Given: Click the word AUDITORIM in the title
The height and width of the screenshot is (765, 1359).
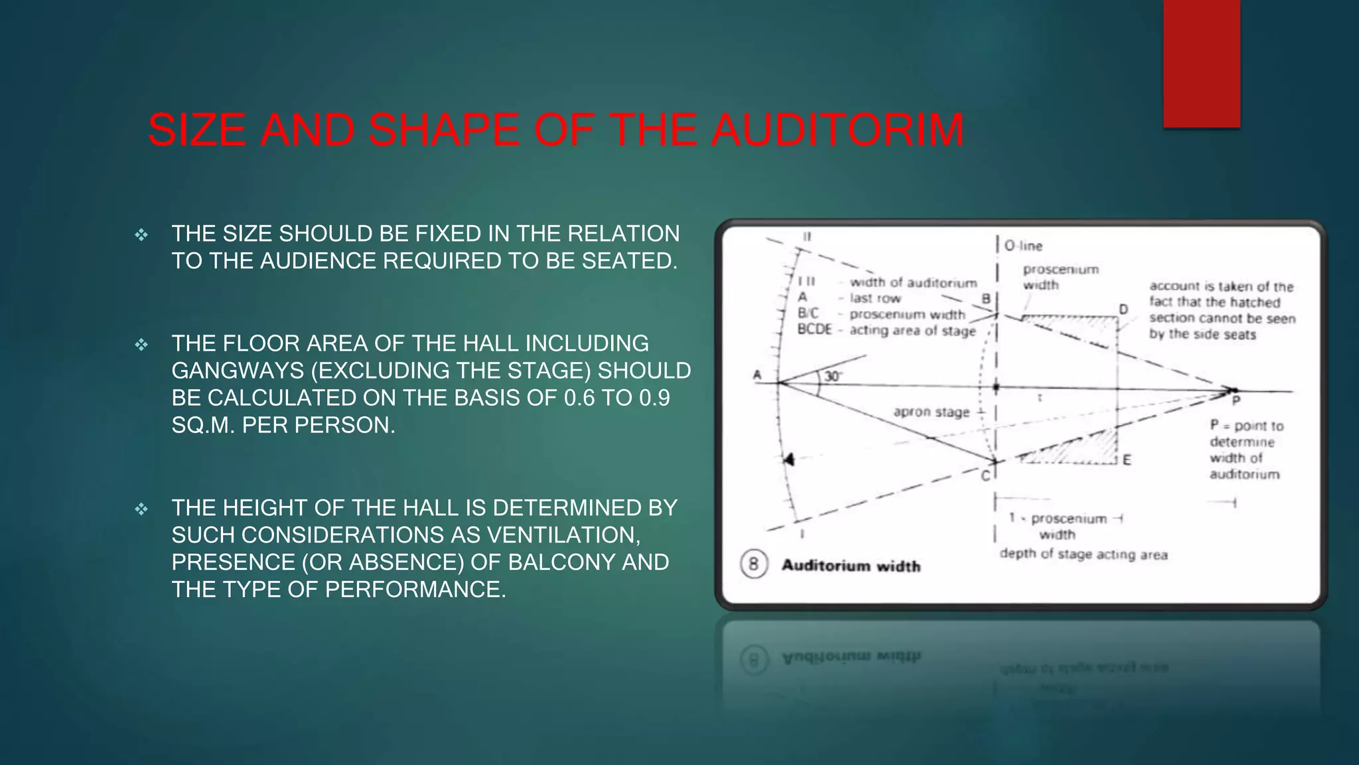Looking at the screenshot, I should (x=837, y=130).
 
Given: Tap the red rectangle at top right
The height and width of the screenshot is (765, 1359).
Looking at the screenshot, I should (x=1201, y=63).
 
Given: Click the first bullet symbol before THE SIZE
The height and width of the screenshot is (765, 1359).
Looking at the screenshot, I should (x=141, y=234).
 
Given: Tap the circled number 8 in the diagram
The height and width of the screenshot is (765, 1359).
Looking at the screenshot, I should (x=753, y=565).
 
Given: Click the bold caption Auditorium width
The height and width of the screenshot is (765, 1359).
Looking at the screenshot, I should (x=851, y=566).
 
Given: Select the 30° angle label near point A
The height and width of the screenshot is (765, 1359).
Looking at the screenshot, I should (x=833, y=377).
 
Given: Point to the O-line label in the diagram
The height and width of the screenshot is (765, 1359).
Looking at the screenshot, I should (x=1023, y=246).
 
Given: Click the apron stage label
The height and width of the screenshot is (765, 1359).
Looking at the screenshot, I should (x=931, y=412).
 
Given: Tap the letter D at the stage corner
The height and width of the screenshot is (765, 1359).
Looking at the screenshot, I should (x=1123, y=309).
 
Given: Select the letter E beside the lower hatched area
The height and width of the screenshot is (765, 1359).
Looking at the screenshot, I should (x=1126, y=460).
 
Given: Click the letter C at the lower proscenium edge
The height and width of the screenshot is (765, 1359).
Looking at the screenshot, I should (x=985, y=475).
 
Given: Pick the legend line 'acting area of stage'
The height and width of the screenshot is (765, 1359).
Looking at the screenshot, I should (x=912, y=331).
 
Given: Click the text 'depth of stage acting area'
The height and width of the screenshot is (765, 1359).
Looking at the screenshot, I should (x=1083, y=554).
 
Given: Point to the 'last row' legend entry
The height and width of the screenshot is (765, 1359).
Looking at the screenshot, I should (x=875, y=299).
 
